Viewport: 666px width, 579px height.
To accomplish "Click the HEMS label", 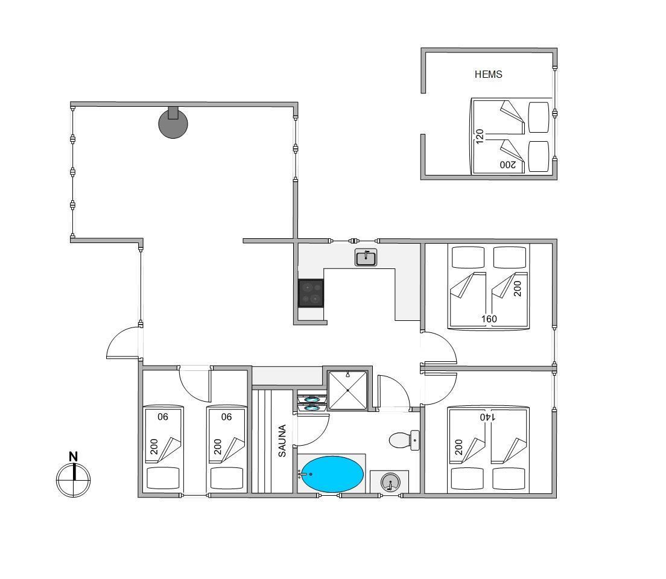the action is pos(488,74).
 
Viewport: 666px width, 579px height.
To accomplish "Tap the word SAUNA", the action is pos(282,440).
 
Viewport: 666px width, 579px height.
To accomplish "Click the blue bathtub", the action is pos(332,474).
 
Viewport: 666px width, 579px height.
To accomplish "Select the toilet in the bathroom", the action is pos(404,440).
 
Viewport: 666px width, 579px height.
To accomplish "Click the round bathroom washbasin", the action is pos(390,482).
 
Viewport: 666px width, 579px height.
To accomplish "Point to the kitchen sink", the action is pos(366,258).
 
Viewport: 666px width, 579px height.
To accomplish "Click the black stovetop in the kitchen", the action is pos(311,293).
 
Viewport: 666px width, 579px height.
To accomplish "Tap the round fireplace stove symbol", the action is pos(173,123).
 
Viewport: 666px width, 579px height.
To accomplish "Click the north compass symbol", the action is pos(74,480).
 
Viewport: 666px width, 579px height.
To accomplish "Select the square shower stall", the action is pos(348,390).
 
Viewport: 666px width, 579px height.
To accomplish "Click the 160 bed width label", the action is pos(489,318).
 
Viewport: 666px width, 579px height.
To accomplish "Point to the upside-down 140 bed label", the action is pos(487,417).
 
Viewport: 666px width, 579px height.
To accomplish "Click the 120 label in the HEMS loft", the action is pos(480,136).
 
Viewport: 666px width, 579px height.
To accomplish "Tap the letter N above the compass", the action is pos(74,457).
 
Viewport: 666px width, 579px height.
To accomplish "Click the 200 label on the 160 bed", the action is pos(517,289).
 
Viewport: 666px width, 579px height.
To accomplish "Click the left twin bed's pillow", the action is pos(163,478).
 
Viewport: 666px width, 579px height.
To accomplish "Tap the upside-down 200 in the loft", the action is pos(508,165).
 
